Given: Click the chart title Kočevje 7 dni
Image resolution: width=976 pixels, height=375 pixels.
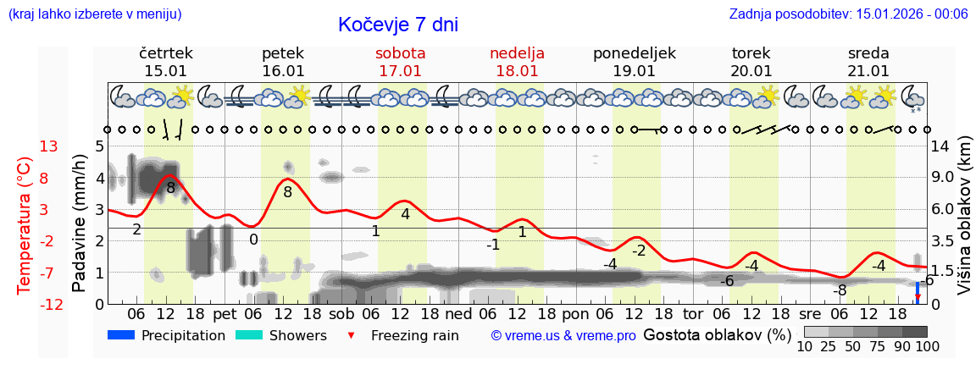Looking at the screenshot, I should click(398, 25).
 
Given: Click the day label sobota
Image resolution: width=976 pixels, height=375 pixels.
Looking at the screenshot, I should click(400, 53).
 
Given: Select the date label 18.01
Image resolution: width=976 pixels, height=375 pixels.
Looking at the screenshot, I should click(517, 71).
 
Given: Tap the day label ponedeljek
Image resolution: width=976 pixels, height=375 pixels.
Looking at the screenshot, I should click(635, 53).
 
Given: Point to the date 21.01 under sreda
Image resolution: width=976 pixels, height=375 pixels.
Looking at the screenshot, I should click(868, 71).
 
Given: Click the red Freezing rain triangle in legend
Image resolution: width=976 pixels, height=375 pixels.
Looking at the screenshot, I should click(352, 336).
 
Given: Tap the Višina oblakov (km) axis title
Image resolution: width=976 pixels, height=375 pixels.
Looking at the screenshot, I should click(963, 224).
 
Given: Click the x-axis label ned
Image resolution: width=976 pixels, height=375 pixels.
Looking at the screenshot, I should click(458, 313).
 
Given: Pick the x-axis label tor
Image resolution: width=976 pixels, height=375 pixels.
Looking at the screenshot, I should click(694, 313).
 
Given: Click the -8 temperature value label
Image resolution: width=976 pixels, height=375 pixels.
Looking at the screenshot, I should click(839, 290).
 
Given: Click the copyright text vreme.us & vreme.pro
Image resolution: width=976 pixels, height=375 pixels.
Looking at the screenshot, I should click(563, 336).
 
